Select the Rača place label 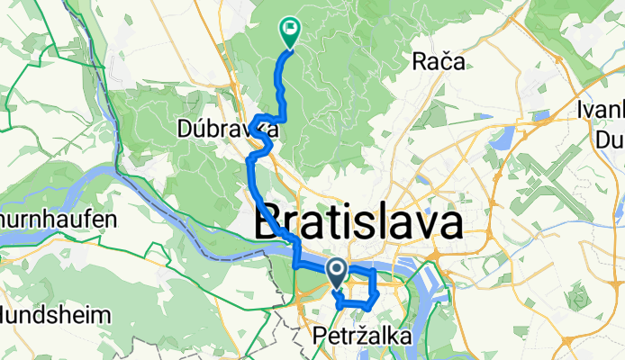[x=438, y=62]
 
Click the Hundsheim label [x=56, y=316]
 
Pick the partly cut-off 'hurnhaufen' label [x=59, y=219]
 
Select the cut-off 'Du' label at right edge [x=609, y=139]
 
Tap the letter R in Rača [x=419, y=62]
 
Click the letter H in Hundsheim [x=9, y=316]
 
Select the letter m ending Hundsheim [x=101, y=317]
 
